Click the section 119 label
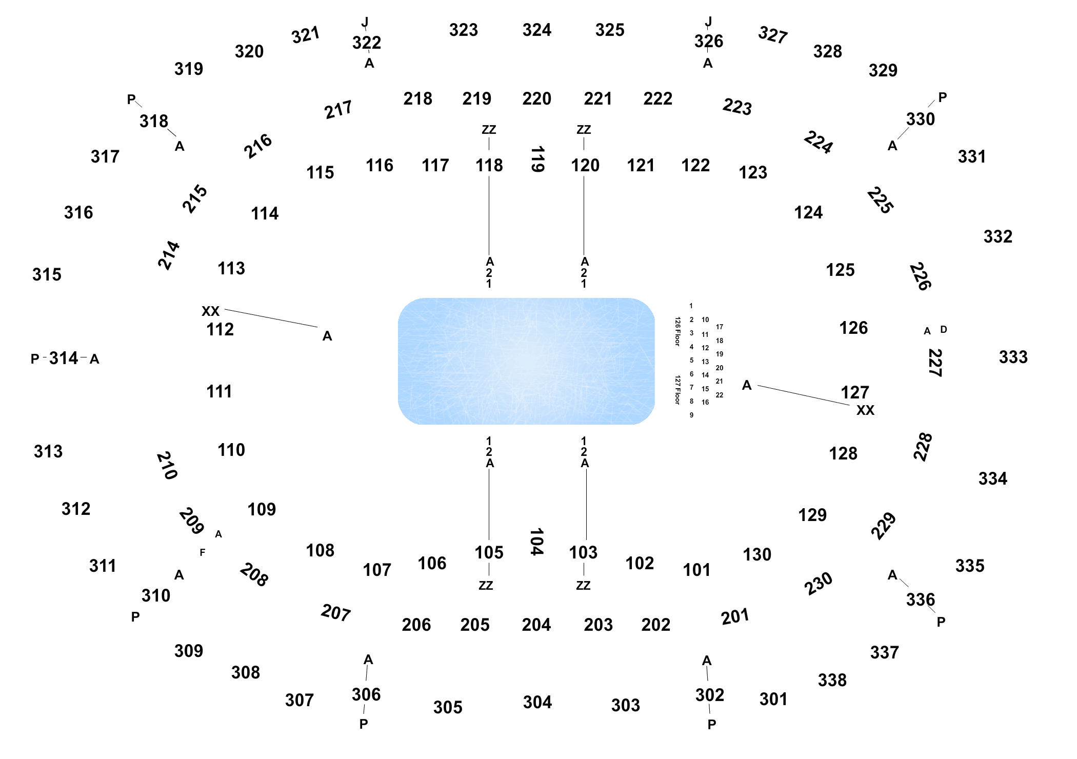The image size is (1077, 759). (x=537, y=159)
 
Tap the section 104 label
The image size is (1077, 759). (x=536, y=542)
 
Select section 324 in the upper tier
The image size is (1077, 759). (x=537, y=30)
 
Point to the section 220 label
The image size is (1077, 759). (x=537, y=98)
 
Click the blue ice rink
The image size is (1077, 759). (x=526, y=361)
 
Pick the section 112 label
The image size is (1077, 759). (x=220, y=329)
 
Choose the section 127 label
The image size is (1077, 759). (x=855, y=392)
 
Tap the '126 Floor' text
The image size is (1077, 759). (x=677, y=331)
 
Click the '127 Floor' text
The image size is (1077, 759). (x=677, y=390)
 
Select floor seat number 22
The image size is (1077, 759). (x=720, y=395)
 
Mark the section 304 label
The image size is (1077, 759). (x=537, y=702)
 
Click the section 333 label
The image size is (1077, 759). (x=1013, y=357)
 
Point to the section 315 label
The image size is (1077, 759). (x=47, y=274)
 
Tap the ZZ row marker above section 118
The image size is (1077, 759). (x=489, y=130)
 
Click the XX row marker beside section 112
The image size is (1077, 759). (x=210, y=311)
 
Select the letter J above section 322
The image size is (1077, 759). (x=365, y=22)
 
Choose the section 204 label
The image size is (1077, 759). (x=536, y=625)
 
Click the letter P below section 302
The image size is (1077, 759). (x=712, y=725)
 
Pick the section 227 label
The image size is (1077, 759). (x=935, y=363)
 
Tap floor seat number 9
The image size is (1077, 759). (x=691, y=415)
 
